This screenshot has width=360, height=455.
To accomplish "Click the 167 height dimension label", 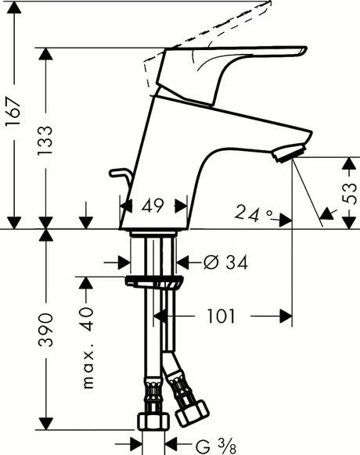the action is point(14,112).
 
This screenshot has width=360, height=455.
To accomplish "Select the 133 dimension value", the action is point(45,141).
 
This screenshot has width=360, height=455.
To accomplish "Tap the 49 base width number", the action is point(153,206).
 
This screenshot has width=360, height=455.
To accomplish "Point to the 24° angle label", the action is point(254,214).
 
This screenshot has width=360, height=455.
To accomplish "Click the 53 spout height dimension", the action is point(349,194).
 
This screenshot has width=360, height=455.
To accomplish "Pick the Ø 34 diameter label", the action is point(225,263).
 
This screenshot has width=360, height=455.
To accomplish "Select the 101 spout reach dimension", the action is point(221,316).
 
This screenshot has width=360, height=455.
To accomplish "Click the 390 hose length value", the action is point(45,330).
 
